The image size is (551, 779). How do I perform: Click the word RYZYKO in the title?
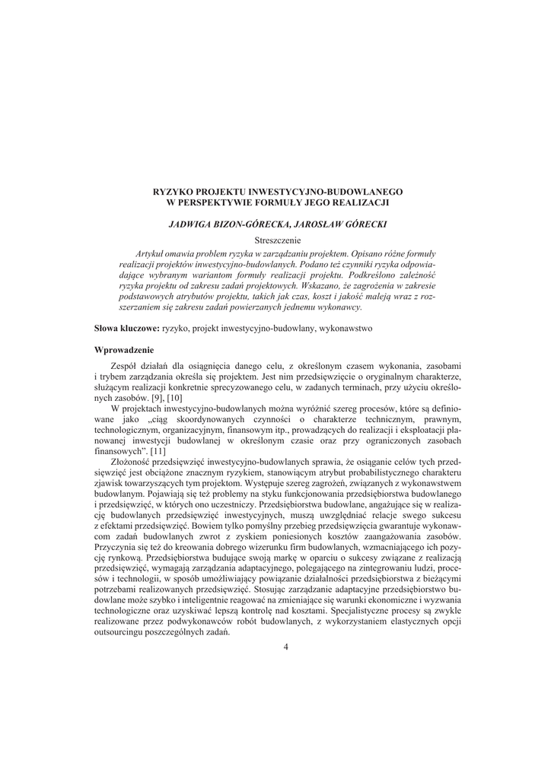[173, 193]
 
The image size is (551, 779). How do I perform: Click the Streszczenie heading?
[275, 240]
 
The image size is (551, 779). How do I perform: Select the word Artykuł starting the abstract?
[150, 252]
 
